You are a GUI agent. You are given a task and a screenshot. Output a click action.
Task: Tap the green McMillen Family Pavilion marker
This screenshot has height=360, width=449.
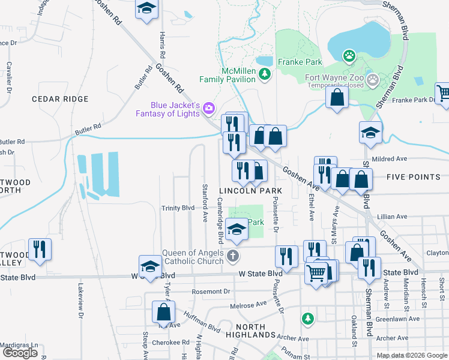(x=265, y=74)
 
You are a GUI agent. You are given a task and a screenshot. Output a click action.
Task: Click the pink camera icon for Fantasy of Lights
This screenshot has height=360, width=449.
(x=209, y=108)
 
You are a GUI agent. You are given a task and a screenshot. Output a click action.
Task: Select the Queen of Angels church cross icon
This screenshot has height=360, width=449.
(x=234, y=257)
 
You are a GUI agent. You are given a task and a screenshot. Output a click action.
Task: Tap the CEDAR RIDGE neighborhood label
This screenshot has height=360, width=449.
(x=60, y=99)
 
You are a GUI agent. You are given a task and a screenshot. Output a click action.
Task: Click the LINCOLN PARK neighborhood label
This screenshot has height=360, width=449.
(x=250, y=191)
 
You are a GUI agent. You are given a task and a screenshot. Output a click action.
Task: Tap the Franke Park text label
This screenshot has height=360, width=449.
(x=300, y=62)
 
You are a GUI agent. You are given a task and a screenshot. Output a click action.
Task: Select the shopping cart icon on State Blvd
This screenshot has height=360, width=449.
(x=316, y=274)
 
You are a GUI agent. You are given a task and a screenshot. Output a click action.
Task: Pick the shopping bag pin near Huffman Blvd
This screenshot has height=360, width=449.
(x=163, y=312)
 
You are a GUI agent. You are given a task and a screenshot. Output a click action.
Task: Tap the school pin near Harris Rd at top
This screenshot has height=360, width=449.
(x=146, y=10)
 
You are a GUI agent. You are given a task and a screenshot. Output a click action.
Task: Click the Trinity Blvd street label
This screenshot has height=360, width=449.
(x=178, y=208)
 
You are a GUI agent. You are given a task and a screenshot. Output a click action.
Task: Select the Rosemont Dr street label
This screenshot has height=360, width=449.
(x=211, y=292)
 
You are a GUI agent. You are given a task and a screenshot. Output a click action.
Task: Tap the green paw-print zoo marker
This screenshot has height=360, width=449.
(x=349, y=56)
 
